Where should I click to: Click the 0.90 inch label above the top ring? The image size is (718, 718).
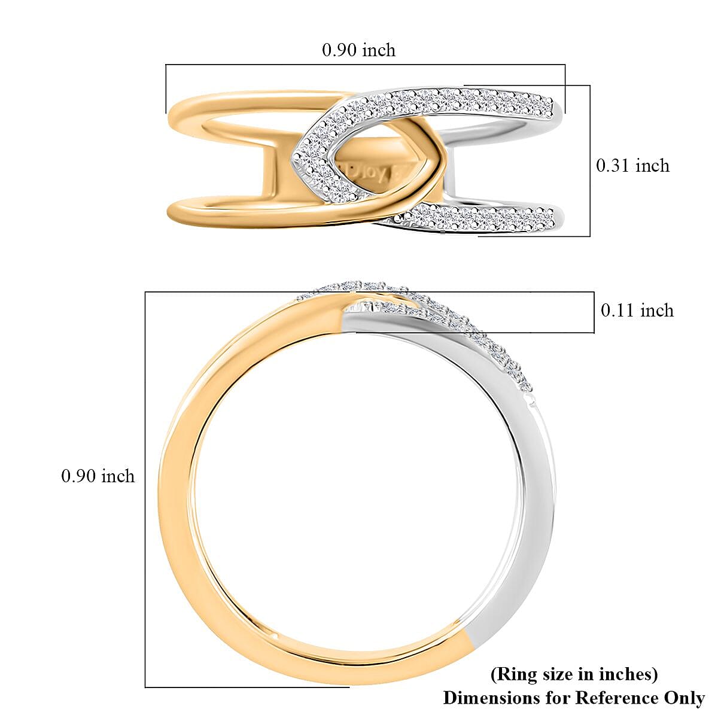tap(358, 50)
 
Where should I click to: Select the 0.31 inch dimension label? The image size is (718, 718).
tap(632, 166)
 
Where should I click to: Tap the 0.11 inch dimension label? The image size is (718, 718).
tap(637, 311)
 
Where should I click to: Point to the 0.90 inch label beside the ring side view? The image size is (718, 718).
tap(98, 476)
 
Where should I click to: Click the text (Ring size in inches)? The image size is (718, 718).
tap(574, 675)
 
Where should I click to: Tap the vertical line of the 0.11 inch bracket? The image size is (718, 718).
tap(594, 312)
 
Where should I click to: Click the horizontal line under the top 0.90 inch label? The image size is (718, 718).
tap(365, 65)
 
